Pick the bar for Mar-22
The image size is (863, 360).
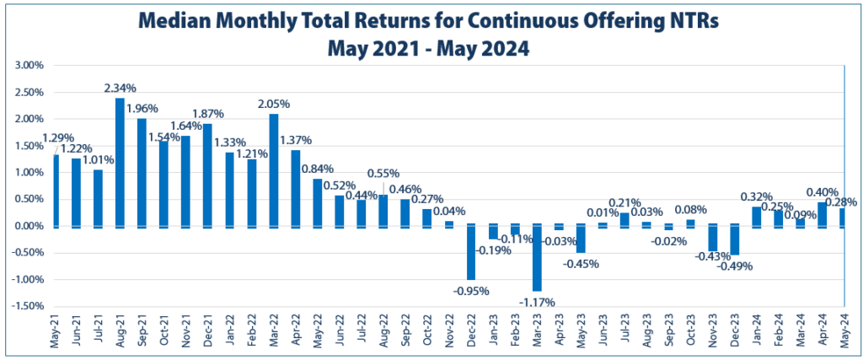pyautogui.click(x=274, y=169)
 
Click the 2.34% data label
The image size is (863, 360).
pyautogui.click(x=121, y=89)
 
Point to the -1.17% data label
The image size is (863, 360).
pyautogui.click(x=537, y=299)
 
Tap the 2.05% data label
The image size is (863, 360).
pyautogui.click(x=274, y=104)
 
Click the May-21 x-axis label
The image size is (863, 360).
pyautogui.click(x=56, y=333)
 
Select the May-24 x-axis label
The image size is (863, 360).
pyautogui.click(x=843, y=333)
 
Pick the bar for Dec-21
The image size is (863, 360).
pyautogui.click(x=208, y=175)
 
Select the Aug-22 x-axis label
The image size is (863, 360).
pyautogui.click(x=383, y=333)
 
